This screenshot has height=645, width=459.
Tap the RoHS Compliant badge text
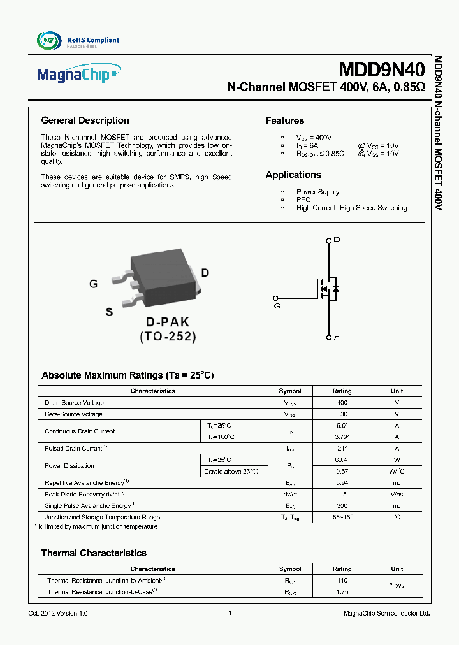pyautogui.click(x=93, y=40)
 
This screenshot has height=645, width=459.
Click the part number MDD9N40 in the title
pyautogui.click(x=381, y=69)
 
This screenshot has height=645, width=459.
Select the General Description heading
pyautogui.click(x=85, y=120)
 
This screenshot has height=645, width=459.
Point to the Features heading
pyautogui.click(x=284, y=120)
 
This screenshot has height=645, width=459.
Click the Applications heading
pyautogui.click(x=293, y=175)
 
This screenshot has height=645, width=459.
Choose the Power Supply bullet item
pyautogui.click(x=317, y=192)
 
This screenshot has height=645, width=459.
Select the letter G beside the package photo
pyautogui.click(x=94, y=284)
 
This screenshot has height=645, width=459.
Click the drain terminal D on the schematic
pyautogui.click(x=337, y=240)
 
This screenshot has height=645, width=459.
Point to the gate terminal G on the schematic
pyautogui.click(x=277, y=305)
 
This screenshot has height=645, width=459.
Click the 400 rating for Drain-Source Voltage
pyautogui.click(x=342, y=403)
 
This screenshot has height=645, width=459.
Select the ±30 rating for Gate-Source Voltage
pyautogui.click(x=342, y=414)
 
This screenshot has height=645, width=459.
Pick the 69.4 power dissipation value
pyautogui.click(x=342, y=460)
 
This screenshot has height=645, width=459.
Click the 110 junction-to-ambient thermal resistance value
pyautogui.click(x=342, y=581)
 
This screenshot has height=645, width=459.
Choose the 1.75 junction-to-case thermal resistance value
pyautogui.click(x=342, y=592)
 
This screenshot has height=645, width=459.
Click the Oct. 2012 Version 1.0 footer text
pyautogui.click(x=58, y=613)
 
